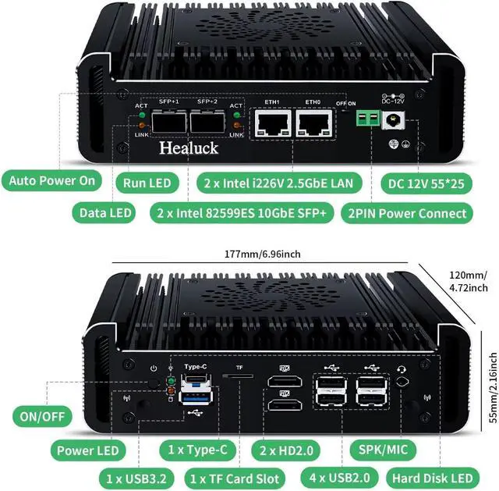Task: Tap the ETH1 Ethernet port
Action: coord(272,123)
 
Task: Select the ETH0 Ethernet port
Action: coord(313,123)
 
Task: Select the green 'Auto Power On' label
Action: coord(51,181)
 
